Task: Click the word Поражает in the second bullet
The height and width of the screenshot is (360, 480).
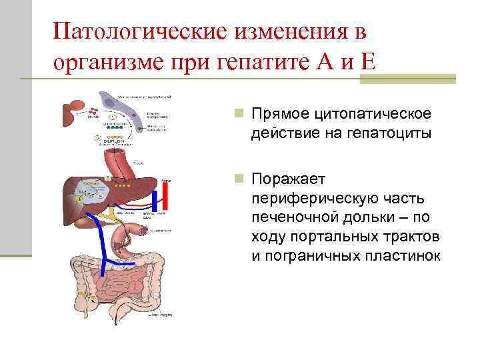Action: [x=289, y=179]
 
